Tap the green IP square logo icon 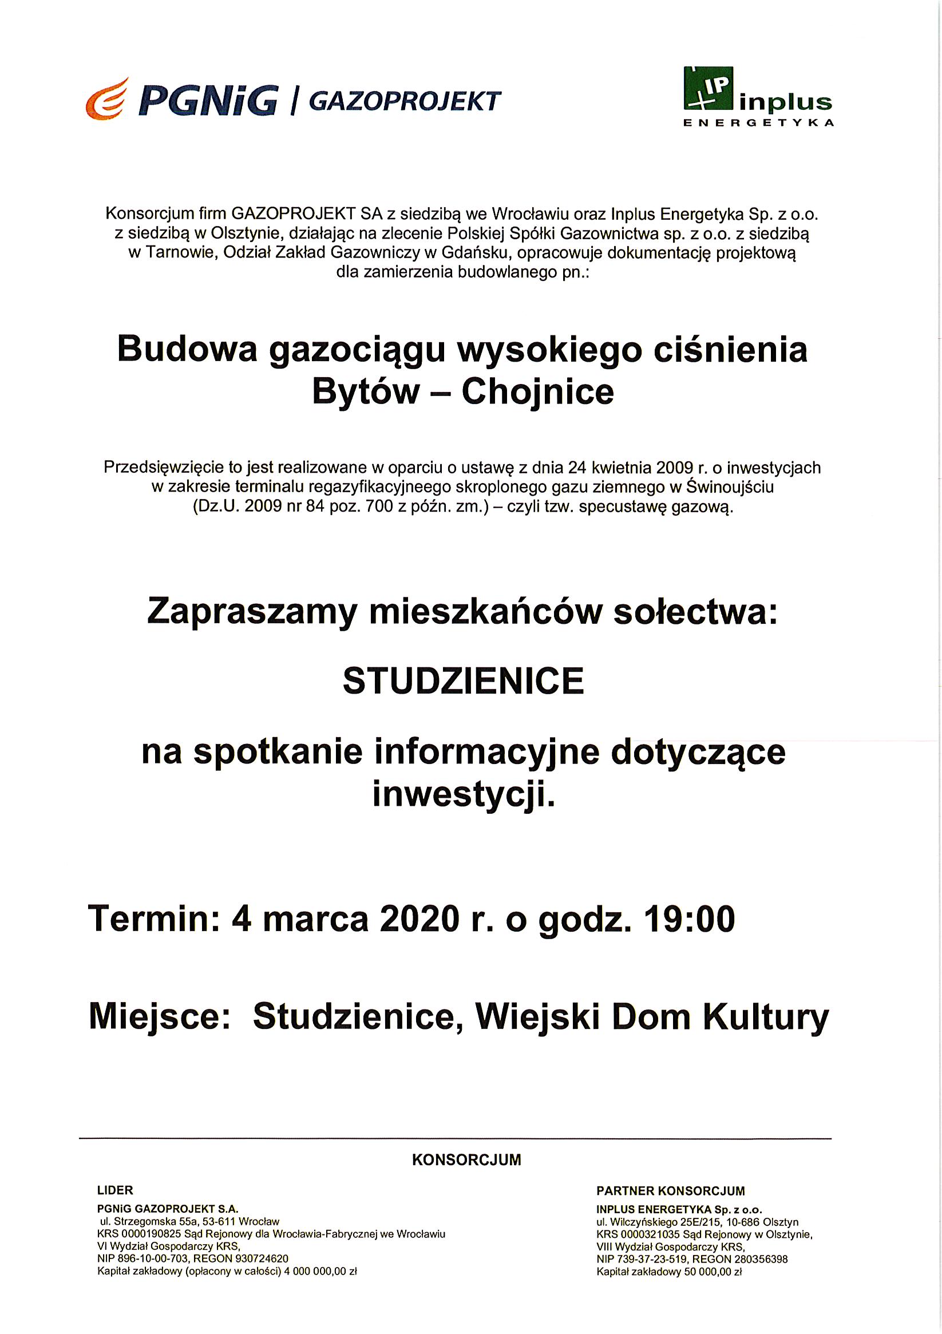pos(708,88)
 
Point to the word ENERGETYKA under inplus pos(758,122)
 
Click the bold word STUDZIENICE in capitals pos(463,681)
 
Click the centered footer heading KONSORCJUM pos(466,1160)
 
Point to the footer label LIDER pos(116,1190)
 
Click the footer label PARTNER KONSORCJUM pos(671,1191)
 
